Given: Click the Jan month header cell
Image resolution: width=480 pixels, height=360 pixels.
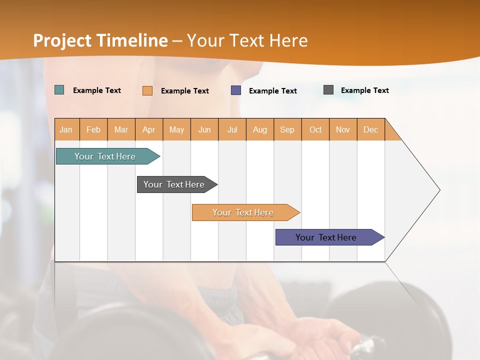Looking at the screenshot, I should pyautogui.click(x=66, y=129).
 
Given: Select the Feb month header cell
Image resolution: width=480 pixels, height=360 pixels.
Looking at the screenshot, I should pyautogui.click(x=93, y=129).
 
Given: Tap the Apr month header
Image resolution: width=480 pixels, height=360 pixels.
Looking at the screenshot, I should pyautogui.click(x=149, y=129).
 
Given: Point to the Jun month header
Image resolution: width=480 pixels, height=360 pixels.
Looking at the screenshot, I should pyautogui.click(x=204, y=129).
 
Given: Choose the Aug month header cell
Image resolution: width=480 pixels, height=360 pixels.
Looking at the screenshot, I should pyautogui.click(x=260, y=129).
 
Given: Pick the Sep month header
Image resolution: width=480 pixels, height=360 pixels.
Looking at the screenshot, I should pyautogui.click(x=287, y=129).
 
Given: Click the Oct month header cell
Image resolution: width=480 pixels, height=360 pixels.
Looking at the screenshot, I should pyautogui.click(x=315, y=129).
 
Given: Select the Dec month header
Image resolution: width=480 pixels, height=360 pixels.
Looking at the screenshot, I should pyautogui.click(x=371, y=129).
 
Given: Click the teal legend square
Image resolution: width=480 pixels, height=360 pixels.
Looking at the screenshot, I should pyautogui.click(x=59, y=90).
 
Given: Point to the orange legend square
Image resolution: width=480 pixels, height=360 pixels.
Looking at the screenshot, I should pyautogui.click(x=147, y=90).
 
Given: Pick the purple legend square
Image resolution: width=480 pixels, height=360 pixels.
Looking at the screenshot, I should pyautogui.click(x=236, y=90).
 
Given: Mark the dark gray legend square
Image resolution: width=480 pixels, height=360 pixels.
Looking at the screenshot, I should pyautogui.click(x=328, y=90).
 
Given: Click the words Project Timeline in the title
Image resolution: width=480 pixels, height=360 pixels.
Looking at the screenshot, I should pyautogui.click(x=100, y=40).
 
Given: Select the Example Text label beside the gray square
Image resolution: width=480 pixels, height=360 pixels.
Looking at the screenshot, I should pyautogui.click(x=364, y=90).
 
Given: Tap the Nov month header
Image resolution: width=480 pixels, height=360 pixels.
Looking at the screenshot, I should pyautogui.click(x=343, y=129).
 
